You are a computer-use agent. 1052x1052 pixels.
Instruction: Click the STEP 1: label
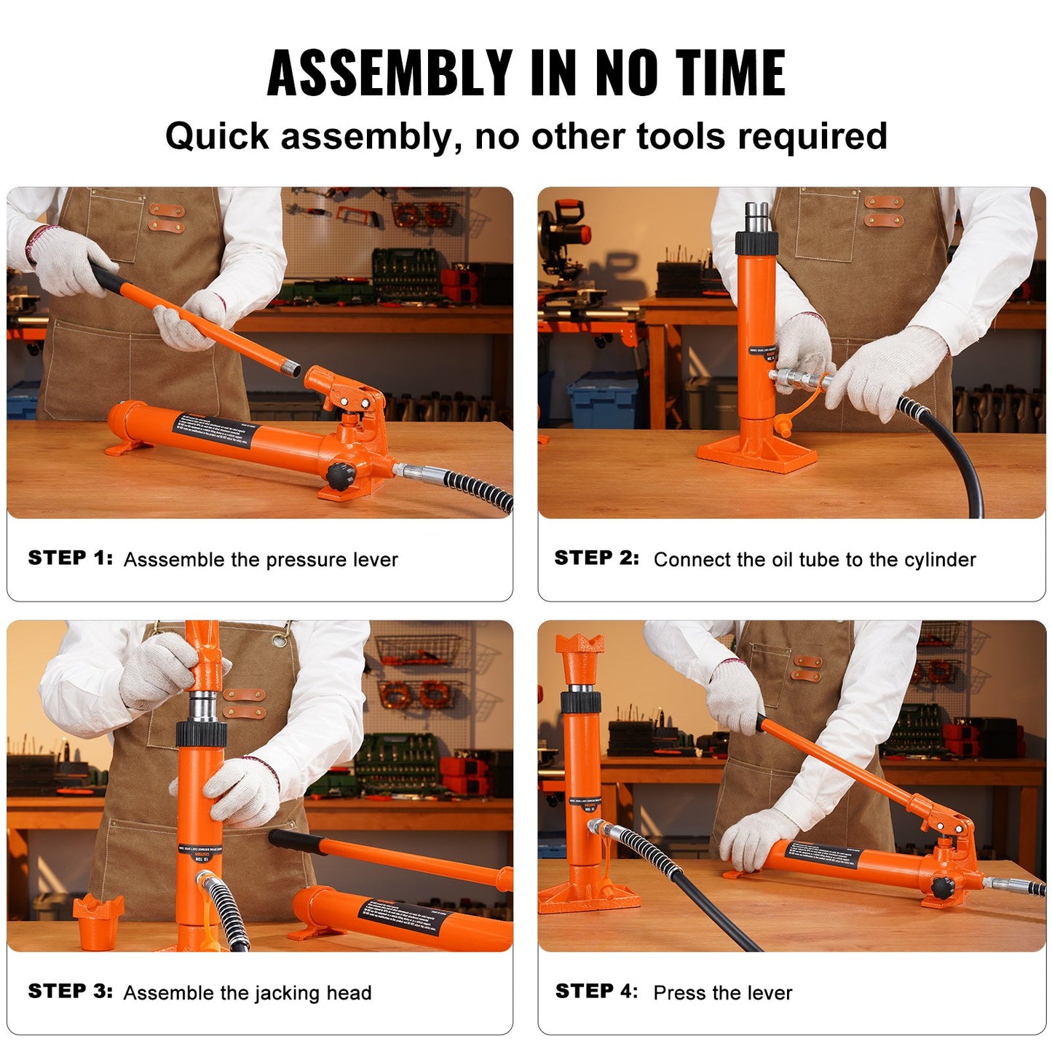(x=70, y=558)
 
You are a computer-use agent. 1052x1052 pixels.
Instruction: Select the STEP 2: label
(x=596, y=558)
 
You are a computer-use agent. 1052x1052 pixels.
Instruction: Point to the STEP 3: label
(x=70, y=992)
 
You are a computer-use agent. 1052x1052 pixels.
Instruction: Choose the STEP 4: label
(x=596, y=992)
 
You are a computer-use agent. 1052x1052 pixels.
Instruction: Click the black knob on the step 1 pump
(x=340, y=476)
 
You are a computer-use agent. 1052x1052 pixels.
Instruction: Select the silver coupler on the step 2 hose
(x=797, y=378)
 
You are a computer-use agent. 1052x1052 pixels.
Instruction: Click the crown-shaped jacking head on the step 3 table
(x=98, y=919)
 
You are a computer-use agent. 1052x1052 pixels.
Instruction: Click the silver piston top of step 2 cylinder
(x=756, y=216)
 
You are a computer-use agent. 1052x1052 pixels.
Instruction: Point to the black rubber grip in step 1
(x=106, y=277)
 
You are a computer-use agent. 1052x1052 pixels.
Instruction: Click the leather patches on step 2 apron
(x=884, y=211)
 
